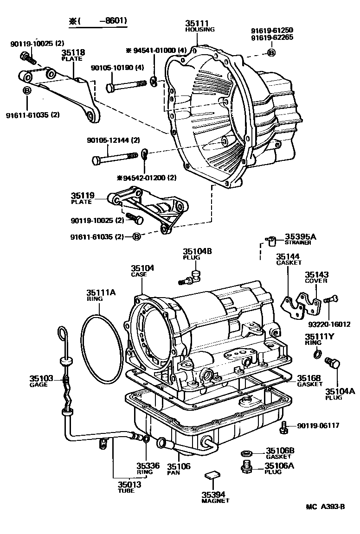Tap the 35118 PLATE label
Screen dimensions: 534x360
[x=72, y=55]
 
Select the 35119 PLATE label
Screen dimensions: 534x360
[x=81, y=198]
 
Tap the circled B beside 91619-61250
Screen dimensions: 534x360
[x=271, y=52]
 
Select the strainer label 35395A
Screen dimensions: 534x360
[x=300, y=237]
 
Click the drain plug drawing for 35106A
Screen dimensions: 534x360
[x=246, y=467]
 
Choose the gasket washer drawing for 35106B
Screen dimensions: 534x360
[x=246, y=453]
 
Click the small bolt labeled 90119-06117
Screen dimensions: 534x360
[x=284, y=427]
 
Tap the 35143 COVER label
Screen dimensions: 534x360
[x=316, y=277]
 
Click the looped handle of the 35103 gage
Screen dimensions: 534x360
[x=62, y=333]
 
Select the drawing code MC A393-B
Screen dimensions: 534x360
[x=325, y=506]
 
